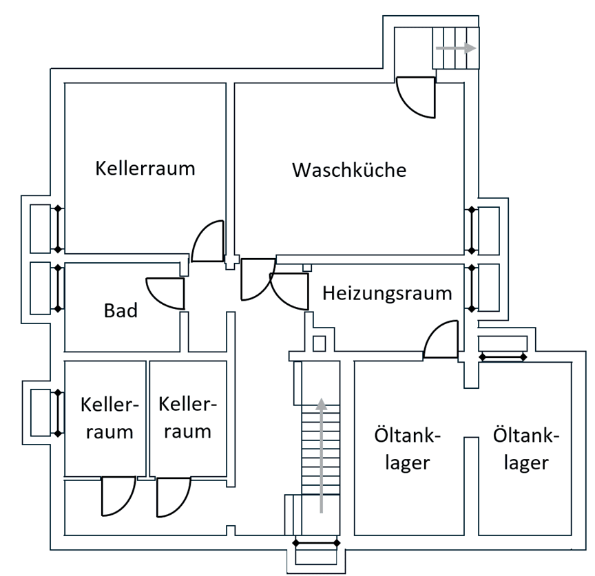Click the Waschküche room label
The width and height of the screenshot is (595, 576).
(x=349, y=169)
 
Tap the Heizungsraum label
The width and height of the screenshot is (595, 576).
(x=388, y=293)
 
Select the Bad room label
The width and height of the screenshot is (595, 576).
(x=121, y=310)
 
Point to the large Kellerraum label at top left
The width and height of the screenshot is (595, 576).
(x=145, y=168)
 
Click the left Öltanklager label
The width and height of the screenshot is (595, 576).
(x=407, y=449)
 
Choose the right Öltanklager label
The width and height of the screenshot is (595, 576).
(x=527, y=449)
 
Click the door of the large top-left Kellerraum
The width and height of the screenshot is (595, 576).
(x=208, y=242)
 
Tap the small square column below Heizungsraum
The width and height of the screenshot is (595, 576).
(x=319, y=343)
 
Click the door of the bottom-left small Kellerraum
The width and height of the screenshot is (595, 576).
(x=116, y=496)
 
